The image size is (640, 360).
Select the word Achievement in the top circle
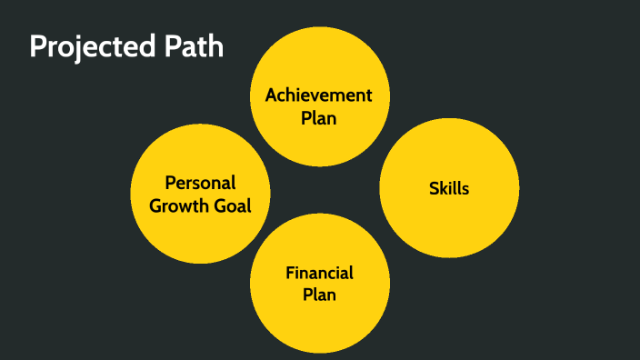tap(319, 95)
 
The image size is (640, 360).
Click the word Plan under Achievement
tap(319, 117)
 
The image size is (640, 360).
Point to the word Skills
tap(449, 189)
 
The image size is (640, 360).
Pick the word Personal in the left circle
tap(200, 183)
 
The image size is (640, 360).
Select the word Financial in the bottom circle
tap(319, 273)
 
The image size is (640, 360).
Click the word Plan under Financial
tap(319, 295)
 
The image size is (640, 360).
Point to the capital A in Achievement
tap(271, 95)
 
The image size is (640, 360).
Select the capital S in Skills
tap(434, 189)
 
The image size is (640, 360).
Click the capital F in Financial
tap(290, 273)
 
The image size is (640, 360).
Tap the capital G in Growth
tap(156, 205)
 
